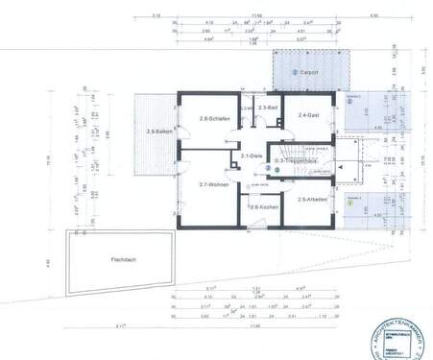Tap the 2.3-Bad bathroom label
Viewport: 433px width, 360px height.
coord(266,108)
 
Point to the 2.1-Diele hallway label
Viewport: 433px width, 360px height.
coord(253,156)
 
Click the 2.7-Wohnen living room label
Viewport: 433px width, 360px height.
coord(212,183)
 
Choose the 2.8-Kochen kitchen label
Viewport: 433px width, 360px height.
coord(263,206)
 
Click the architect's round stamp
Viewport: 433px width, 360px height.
coord(398,337)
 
